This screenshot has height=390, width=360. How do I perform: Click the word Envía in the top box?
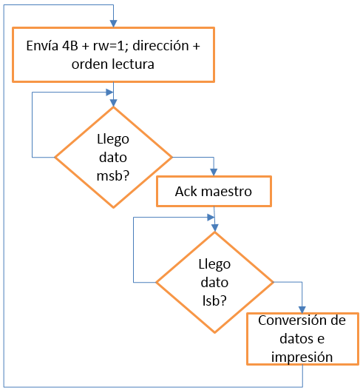[x=42, y=46]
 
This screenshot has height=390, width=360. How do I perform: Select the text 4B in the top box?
[x=70, y=46]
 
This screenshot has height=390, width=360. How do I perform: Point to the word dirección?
[x=160, y=46]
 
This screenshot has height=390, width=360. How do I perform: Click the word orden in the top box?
[x=90, y=64]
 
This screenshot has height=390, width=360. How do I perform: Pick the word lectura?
[x=133, y=64]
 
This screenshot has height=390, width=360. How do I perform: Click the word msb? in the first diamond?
[x=113, y=175]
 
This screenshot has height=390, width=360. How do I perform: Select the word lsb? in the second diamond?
[x=214, y=300]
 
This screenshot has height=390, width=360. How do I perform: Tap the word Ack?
[x=186, y=192]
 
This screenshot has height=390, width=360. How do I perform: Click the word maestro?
[x=227, y=192]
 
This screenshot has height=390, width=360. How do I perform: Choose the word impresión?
[x=302, y=357]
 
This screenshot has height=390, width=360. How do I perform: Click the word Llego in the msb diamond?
[x=113, y=139]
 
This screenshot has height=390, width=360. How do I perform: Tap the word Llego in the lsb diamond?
[x=214, y=264]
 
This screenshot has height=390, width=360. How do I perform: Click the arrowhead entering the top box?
[x=114, y=24]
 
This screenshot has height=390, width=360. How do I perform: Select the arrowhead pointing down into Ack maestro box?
[x=214, y=172]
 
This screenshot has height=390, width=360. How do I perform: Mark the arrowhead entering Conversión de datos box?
[x=302, y=309]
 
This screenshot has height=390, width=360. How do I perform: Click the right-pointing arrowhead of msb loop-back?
[x=109, y=93]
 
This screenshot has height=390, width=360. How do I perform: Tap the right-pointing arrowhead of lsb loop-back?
[x=211, y=218]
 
